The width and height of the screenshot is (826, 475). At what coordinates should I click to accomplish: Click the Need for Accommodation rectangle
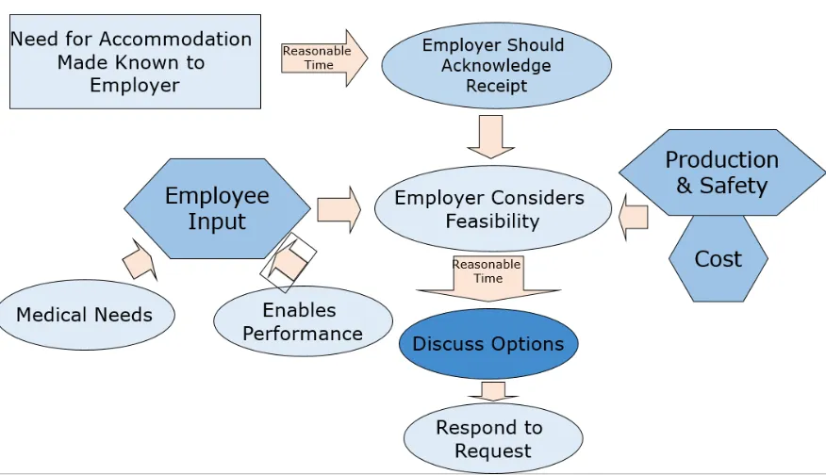point(134,61)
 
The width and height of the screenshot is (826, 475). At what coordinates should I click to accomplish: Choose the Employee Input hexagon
point(217,208)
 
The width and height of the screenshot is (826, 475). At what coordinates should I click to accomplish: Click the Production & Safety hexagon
point(721,172)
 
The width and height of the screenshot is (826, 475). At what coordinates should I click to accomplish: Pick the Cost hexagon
point(719,258)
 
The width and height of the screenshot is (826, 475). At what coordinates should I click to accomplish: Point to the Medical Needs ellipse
point(84,315)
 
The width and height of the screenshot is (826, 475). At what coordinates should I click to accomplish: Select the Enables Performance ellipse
point(303,321)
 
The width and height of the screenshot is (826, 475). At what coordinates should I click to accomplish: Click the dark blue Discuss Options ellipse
point(488,343)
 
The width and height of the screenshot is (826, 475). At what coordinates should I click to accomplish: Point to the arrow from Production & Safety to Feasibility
point(634,216)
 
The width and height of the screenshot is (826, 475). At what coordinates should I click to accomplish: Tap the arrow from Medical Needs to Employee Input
point(140,259)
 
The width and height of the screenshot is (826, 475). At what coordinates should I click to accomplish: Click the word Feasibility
point(492,222)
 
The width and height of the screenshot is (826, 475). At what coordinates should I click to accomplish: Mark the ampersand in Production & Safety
point(684,185)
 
